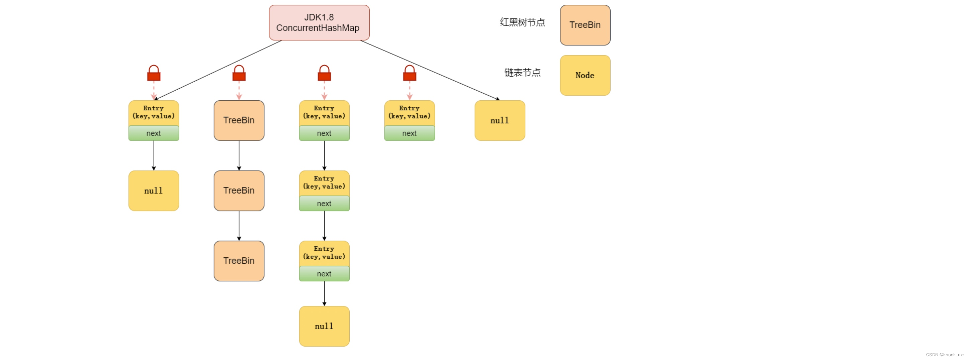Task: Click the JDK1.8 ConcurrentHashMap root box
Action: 319,22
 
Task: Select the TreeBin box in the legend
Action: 585,25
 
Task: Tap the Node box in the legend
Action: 585,75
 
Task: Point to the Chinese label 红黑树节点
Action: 522,22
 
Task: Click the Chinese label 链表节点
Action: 522,73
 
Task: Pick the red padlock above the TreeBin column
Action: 239,74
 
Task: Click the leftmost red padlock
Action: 154,74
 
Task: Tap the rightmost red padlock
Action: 409,74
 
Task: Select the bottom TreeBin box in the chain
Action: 239,261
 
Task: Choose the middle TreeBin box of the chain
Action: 239,191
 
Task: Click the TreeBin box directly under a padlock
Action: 239,120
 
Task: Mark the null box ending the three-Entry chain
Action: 324,326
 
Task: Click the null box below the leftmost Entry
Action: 154,191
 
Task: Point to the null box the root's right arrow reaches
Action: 500,120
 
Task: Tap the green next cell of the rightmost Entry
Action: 409,133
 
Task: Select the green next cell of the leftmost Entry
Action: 154,133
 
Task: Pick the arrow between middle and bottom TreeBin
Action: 239,226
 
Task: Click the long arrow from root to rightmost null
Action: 429,70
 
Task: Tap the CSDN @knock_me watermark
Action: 945,355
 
